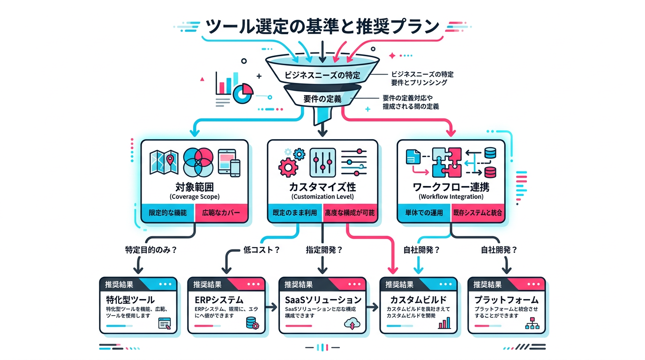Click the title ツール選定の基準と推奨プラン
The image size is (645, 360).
(322, 26)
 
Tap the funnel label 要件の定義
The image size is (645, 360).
(322, 98)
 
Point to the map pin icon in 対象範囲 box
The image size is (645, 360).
(170, 160)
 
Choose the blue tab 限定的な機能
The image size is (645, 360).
(167, 213)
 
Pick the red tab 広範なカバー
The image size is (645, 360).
(222, 213)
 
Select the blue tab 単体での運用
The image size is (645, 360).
(424, 213)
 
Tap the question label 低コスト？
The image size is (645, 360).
(262, 250)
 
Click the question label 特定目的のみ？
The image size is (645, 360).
(151, 250)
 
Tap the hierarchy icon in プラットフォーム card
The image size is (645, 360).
(532, 323)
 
